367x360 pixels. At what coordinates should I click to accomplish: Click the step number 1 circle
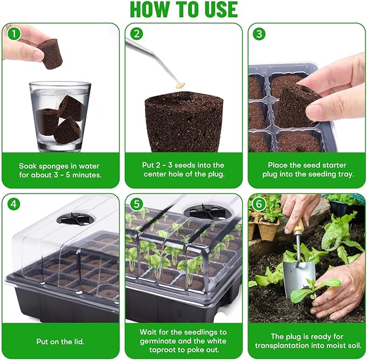coord(12,34)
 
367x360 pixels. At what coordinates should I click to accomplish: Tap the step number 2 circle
coord(136,34)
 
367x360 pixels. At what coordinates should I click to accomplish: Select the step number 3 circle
coord(260,34)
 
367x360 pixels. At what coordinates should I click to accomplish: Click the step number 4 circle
coord(12,204)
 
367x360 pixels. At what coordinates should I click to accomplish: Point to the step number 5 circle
coord(136,204)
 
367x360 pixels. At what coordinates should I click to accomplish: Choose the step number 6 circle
coord(260,204)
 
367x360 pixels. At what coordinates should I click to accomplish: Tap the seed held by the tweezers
coord(182,85)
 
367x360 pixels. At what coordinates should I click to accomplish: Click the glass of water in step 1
coord(59,116)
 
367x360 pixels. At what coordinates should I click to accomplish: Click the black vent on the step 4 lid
coord(75,219)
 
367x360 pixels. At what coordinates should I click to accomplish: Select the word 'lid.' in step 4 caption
coord(78,341)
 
